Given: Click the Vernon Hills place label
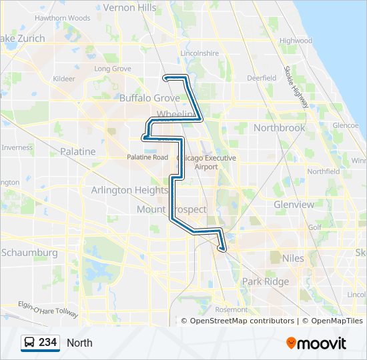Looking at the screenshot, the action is [x=130, y=8].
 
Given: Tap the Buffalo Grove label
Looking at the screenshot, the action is [x=149, y=97].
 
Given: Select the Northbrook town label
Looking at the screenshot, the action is [x=279, y=127].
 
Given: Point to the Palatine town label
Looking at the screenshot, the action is [x=77, y=151].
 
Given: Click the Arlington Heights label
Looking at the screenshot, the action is [x=129, y=190].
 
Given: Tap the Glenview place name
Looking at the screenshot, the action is [x=294, y=205].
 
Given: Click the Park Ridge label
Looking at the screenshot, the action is [x=266, y=281].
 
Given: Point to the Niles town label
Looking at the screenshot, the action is [x=293, y=258].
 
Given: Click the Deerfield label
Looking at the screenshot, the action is [x=262, y=78].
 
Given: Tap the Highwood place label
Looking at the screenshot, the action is [x=296, y=41].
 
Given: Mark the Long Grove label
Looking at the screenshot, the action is [x=113, y=69].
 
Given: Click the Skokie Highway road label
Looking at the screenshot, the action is [x=296, y=87].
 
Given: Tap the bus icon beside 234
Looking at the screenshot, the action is [x=30, y=343].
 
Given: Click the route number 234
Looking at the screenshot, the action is [x=47, y=343].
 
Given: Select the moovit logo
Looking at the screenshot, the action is [x=316, y=343].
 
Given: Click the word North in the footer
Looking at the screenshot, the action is [x=79, y=343].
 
